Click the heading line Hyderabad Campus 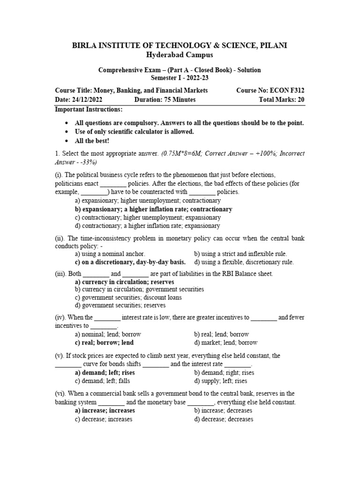[180, 55]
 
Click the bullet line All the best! [92, 140]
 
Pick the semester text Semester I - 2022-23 [180, 77]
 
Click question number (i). [60, 174]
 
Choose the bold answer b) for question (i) [153, 209]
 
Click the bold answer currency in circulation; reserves [124, 282]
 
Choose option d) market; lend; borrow [225, 342]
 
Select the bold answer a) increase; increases [105, 410]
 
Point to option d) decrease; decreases [224, 419]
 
